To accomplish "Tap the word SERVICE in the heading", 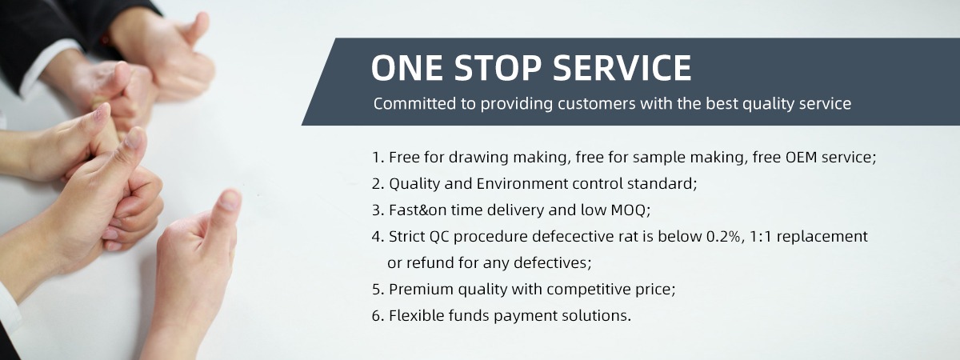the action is coord(622,68).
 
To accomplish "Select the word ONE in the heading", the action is coord(407,68).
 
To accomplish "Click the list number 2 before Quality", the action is coord(377,184).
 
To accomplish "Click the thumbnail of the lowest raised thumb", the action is coord(230,200).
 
